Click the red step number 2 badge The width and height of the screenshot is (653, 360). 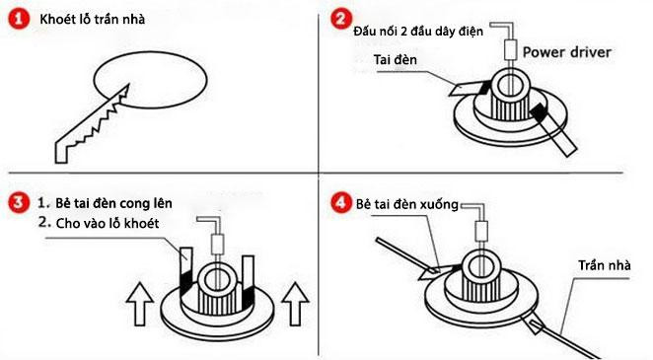(340, 19)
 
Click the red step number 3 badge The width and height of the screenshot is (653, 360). (14, 203)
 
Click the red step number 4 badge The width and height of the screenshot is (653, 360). (340, 203)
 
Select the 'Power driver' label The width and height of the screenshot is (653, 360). (566, 50)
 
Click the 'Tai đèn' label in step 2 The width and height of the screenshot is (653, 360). (395, 59)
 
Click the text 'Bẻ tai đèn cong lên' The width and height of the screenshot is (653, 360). (105, 203)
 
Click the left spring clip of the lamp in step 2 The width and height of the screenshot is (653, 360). (463, 88)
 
